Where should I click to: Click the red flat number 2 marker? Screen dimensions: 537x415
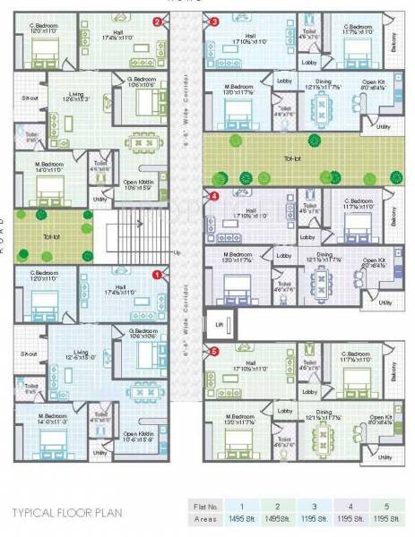[x=158, y=21]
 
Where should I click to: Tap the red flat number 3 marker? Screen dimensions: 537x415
[x=213, y=21]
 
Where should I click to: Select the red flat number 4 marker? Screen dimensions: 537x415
[x=213, y=195]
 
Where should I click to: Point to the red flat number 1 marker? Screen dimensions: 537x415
[x=158, y=275]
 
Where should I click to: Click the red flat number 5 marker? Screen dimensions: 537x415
[x=213, y=352]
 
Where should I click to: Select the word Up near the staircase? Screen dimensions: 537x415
[x=177, y=252]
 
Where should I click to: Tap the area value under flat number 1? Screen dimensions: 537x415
[x=242, y=518]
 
